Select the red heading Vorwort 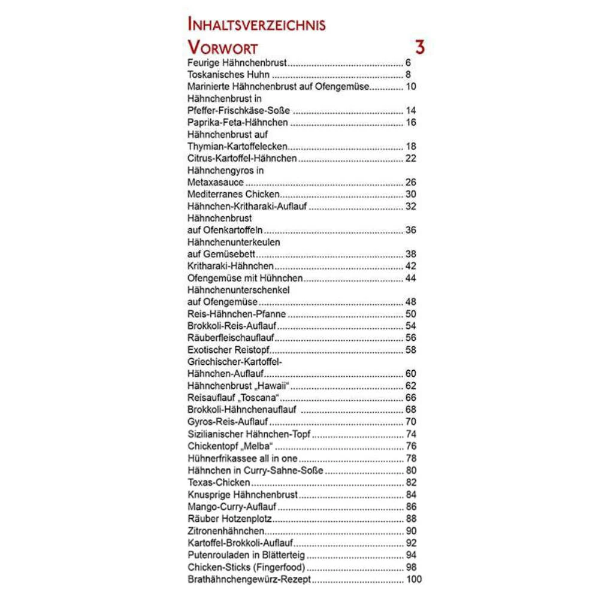pyautogui.click(x=222, y=48)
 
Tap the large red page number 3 pyautogui.click(x=420, y=47)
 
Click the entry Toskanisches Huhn pyautogui.click(x=228, y=75)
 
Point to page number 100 pyautogui.click(x=414, y=579)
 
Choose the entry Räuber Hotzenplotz pyautogui.click(x=230, y=519)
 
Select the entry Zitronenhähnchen pyautogui.click(x=226, y=531)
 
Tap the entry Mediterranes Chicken pyautogui.click(x=233, y=195)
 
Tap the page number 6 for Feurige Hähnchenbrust pyautogui.click(x=408, y=63)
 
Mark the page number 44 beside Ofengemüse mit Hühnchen pyautogui.click(x=410, y=279)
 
